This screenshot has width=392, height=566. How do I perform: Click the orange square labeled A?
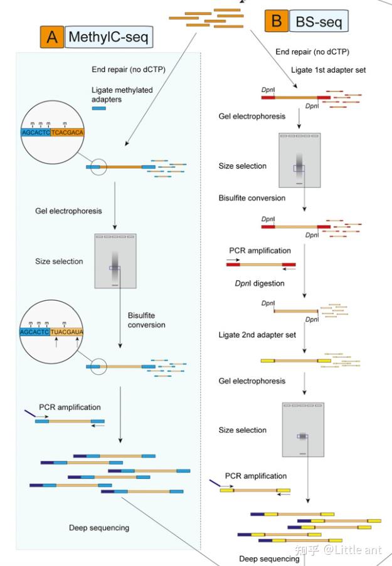(x=52, y=37)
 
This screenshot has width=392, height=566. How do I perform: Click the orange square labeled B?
(x=277, y=21)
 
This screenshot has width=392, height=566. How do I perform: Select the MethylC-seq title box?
(x=109, y=37)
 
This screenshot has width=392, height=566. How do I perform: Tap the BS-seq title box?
(x=319, y=21)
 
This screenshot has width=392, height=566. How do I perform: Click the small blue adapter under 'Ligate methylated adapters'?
(x=99, y=108)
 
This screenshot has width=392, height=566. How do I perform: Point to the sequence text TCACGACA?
(x=67, y=132)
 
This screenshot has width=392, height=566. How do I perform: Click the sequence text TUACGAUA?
(x=67, y=332)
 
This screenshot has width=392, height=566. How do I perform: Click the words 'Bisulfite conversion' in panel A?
(x=146, y=320)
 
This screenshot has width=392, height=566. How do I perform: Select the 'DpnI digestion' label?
(x=260, y=283)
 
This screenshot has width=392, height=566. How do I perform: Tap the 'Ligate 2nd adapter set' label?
(x=257, y=335)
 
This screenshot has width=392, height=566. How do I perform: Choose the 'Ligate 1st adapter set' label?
(x=329, y=70)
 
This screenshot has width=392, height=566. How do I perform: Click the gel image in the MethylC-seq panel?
(x=115, y=261)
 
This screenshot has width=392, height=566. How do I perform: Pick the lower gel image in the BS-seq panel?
(x=303, y=429)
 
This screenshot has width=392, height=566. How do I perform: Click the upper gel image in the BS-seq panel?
(x=300, y=160)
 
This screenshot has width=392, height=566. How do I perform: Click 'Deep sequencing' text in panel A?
(x=99, y=528)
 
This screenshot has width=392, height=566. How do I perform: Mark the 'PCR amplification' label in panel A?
(x=70, y=407)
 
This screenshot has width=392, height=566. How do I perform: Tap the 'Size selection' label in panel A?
(x=59, y=261)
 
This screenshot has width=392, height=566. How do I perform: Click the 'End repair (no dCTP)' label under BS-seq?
(x=312, y=52)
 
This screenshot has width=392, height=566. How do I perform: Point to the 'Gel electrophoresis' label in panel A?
(x=68, y=211)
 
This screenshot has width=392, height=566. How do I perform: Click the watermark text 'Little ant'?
(x=358, y=550)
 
